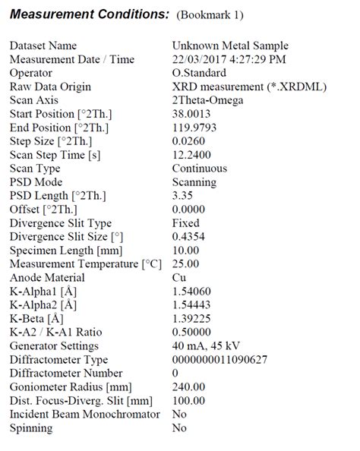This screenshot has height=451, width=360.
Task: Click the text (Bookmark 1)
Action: (210, 15)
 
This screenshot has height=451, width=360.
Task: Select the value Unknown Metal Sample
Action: (230, 46)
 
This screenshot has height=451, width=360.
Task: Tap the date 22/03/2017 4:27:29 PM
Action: (229, 59)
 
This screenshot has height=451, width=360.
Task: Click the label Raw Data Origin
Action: (50, 87)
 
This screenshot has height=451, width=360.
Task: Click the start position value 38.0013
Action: (192, 114)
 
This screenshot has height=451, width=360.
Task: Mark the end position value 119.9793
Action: (195, 128)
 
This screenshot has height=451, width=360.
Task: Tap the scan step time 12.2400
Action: (191, 155)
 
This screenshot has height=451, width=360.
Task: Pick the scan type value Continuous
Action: (200, 169)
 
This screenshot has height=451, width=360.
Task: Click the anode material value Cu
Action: (179, 278)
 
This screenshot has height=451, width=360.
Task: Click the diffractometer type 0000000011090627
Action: (219, 360)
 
